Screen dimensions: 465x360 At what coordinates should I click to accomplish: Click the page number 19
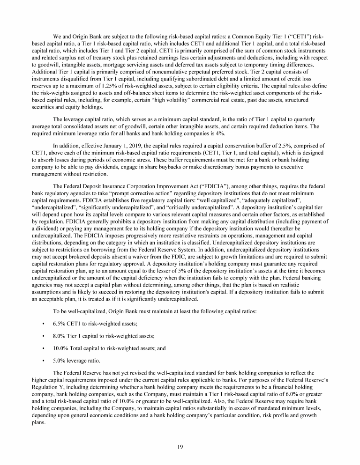tap(180, 446)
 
